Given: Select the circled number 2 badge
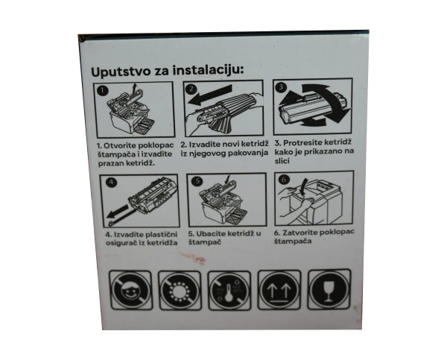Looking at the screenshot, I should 191,89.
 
